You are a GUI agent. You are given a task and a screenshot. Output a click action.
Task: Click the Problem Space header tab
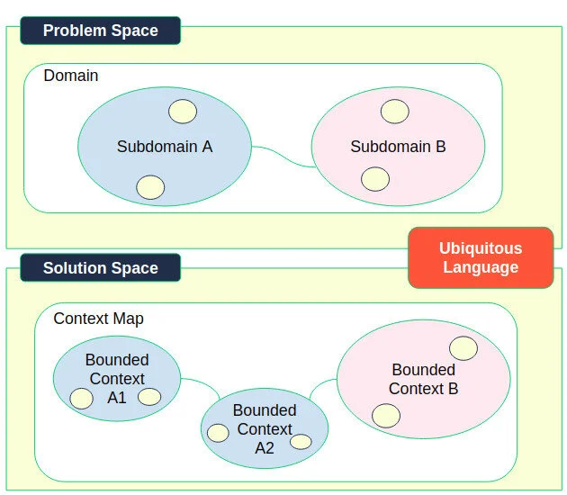click(x=100, y=31)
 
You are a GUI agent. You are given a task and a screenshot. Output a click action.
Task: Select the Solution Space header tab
click(x=100, y=268)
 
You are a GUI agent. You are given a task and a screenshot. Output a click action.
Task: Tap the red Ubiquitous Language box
click(x=480, y=257)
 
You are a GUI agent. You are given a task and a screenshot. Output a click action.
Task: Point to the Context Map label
click(x=98, y=319)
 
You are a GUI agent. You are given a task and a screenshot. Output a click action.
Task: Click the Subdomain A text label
click(x=165, y=146)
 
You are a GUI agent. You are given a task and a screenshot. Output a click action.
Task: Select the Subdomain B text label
click(x=398, y=146)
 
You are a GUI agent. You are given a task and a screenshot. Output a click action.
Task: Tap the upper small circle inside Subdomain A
click(x=183, y=111)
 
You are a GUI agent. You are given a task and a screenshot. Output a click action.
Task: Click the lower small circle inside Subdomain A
click(x=150, y=187)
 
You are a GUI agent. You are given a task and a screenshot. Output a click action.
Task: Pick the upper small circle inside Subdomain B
click(x=394, y=112)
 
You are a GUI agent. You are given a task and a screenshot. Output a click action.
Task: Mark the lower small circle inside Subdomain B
click(x=375, y=179)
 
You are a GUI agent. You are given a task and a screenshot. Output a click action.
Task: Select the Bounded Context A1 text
click(x=117, y=378)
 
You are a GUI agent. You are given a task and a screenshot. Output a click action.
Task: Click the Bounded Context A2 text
click(x=265, y=429)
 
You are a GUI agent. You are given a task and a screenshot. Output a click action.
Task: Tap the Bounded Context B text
click(x=424, y=379)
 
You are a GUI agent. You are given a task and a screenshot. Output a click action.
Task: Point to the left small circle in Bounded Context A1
click(x=82, y=399)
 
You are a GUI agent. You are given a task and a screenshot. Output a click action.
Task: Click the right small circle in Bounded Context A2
click(x=301, y=442)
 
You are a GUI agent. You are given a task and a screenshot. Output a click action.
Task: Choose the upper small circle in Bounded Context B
click(x=463, y=348)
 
